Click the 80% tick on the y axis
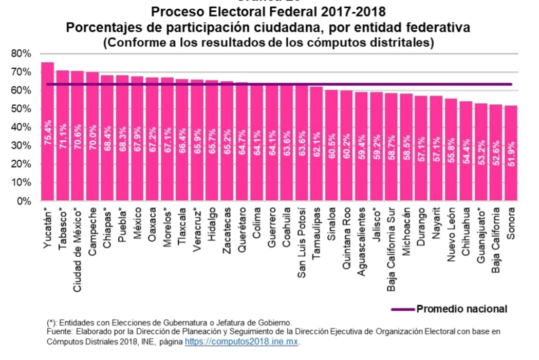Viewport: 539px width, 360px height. [21, 53]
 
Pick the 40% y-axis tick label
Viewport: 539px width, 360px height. [21, 127]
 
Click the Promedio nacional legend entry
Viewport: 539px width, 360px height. [461, 309]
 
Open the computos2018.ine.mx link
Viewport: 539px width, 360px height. [241, 341]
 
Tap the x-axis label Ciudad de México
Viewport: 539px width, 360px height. [78, 250]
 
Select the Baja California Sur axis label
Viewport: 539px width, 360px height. [391, 250]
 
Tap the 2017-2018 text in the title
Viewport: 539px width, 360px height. [354, 11]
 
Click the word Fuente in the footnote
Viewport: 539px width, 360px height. [57, 332]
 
